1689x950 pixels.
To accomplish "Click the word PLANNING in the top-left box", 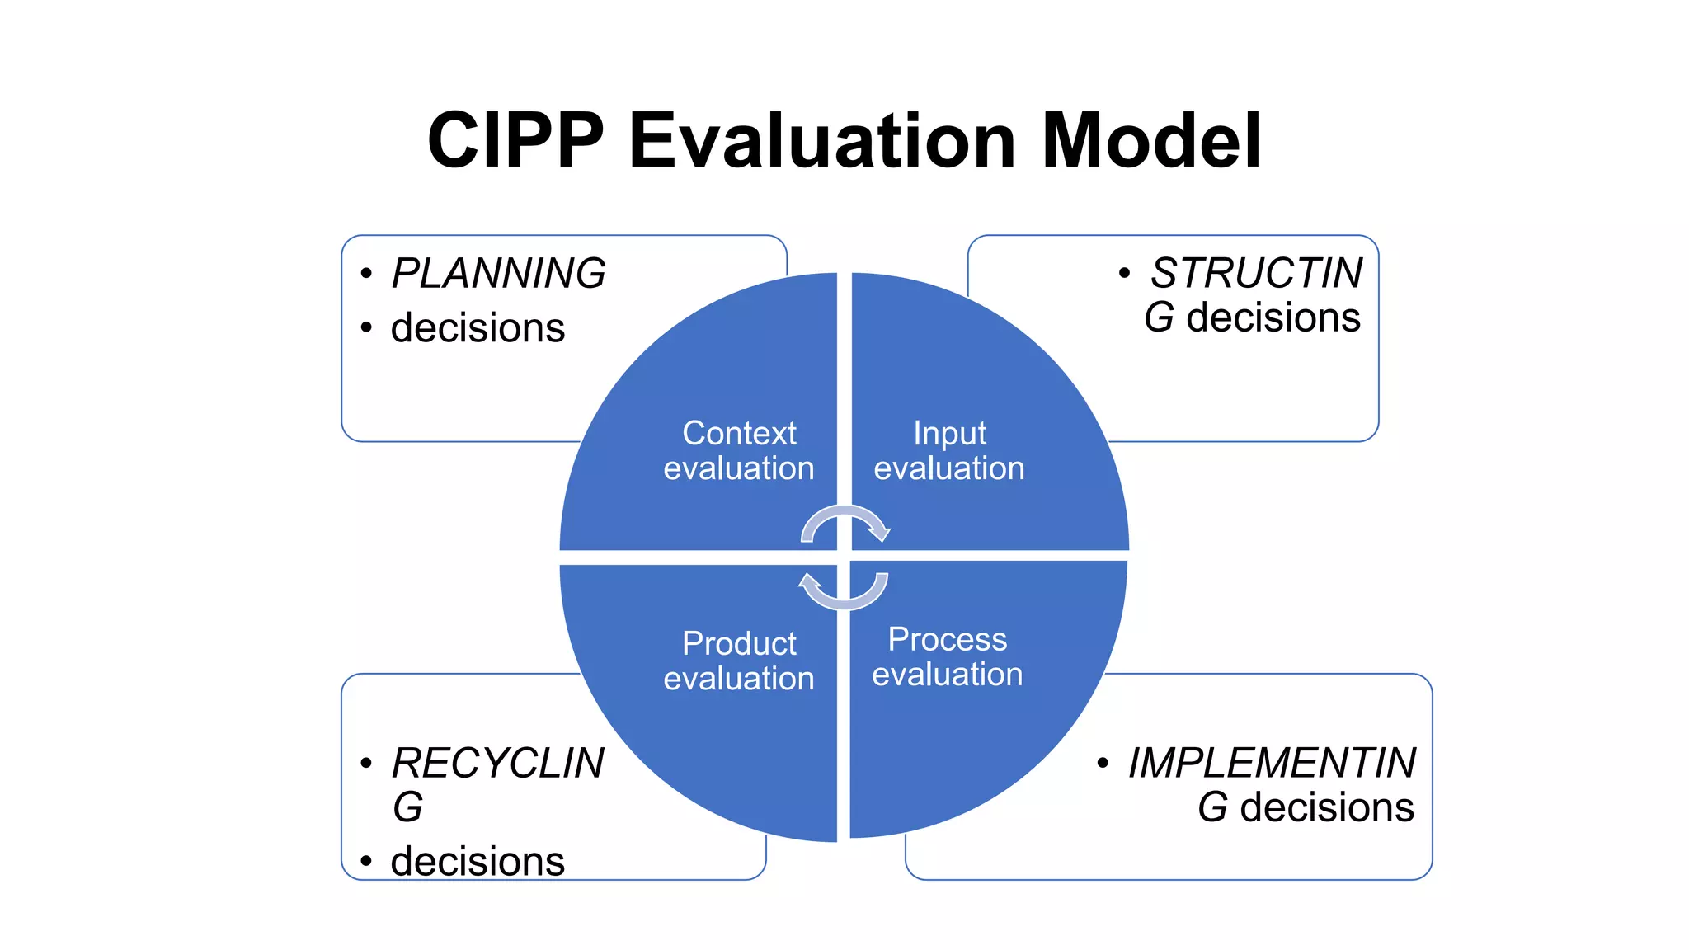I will point(498,273).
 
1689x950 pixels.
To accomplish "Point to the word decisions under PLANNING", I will point(478,327).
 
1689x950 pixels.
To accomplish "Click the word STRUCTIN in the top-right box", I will point(1256,273).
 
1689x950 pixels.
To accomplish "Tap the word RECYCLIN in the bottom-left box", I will point(497,763).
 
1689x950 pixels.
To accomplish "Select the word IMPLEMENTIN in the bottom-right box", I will point(1272,763).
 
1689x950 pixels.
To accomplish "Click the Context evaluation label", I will point(739,450).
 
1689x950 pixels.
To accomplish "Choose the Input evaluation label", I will point(949,450).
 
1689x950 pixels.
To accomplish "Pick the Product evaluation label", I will point(739,661).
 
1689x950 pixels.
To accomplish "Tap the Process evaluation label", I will point(948,656).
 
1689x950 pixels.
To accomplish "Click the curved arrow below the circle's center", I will point(843,591).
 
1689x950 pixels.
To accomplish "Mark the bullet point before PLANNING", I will point(366,274).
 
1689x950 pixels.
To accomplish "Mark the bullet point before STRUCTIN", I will point(1124,273).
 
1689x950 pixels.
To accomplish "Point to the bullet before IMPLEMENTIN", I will point(1103,763).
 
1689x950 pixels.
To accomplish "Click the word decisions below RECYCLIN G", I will point(478,861).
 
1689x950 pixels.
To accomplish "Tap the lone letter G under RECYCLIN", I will point(407,807).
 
